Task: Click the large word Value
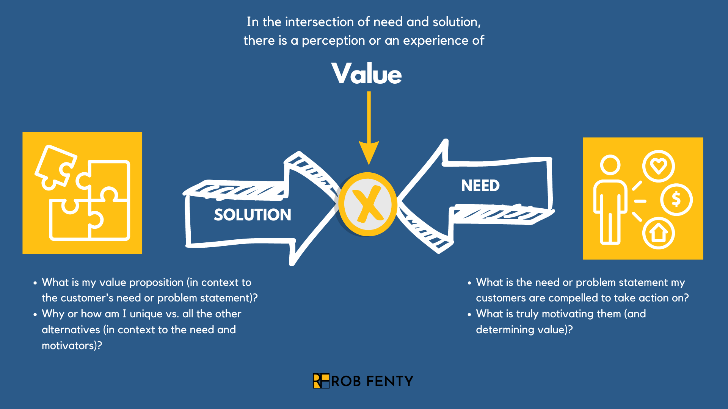[366, 73]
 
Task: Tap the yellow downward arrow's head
[369, 151]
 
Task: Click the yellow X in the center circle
[367, 204]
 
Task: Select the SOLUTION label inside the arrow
[253, 215]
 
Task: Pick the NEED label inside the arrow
[480, 186]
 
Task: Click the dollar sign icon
[676, 199]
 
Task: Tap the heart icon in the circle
[658, 166]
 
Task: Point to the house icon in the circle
[658, 233]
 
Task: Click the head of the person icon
[610, 165]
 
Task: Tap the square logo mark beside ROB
[321, 381]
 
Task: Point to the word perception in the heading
[333, 41]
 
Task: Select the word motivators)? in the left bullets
[72, 346]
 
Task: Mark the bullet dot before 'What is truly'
[469, 315]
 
